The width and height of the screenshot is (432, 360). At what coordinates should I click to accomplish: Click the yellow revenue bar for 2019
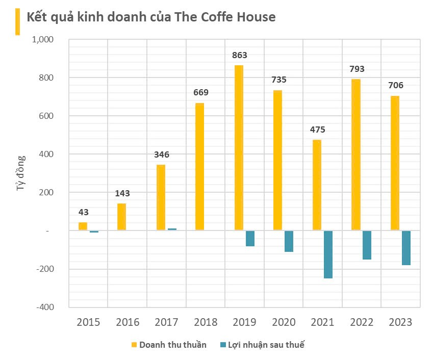click(x=239, y=148)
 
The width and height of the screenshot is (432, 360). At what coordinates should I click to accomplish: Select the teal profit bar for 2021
click(x=328, y=254)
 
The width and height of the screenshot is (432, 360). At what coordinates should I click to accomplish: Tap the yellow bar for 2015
click(x=83, y=226)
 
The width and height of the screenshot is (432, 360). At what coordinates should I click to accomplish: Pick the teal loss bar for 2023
click(x=406, y=248)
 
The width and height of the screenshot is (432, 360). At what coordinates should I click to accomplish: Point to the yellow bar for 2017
click(x=161, y=197)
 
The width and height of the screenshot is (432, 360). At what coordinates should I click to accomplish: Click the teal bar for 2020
click(x=289, y=241)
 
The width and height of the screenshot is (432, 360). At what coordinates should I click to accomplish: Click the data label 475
click(x=317, y=130)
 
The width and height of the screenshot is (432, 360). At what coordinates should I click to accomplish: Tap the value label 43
click(x=83, y=212)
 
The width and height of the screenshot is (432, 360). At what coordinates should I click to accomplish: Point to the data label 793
click(x=357, y=69)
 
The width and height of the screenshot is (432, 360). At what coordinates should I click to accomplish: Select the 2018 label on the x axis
click(x=206, y=322)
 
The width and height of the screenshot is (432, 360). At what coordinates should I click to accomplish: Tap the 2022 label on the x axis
click(x=362, y=322)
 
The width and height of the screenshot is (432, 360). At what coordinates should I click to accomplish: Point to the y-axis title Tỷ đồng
click(x=21, y=173)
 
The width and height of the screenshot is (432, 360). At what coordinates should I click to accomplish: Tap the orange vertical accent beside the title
click(x=17, y=21)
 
